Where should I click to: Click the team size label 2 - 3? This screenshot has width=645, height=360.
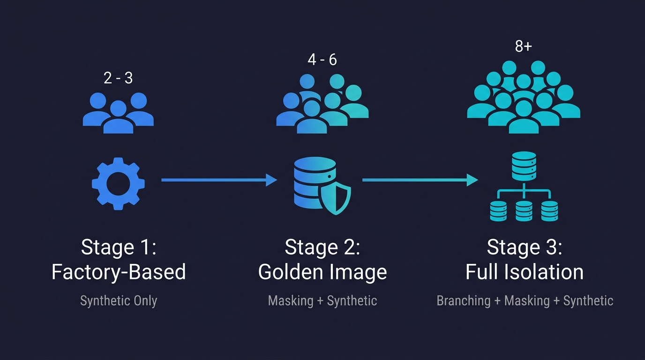[x=118, y=78]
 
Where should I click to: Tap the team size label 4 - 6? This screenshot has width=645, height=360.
[x=322, y=60]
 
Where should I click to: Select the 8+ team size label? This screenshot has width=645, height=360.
[x=523, y=47]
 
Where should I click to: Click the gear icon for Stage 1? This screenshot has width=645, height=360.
[x=118, y=183]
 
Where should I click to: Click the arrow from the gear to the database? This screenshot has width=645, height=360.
[x=219, y=180]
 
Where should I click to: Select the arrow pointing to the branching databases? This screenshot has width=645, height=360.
[x=420, y=180]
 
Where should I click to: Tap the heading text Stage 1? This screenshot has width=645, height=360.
[x=118, y=247]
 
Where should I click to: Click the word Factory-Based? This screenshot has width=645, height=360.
[x=118, y=272]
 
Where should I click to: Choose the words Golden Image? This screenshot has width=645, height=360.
[x=322, y=272]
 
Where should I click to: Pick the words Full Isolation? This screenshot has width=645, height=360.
[x=524, y=272]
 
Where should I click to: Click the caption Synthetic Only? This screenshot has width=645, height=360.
[x=118, y=300]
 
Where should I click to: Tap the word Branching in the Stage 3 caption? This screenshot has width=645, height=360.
[x=463, y=300]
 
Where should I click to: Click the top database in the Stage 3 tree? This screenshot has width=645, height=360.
[x=524, y=166]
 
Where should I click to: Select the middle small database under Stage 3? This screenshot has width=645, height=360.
[x=524, y=211]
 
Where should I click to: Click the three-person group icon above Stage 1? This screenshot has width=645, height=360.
[x=118, y=112]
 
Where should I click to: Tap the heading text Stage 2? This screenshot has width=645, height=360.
[x=322, y=247]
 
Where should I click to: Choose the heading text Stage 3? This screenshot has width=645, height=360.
[x=524, y=247]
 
